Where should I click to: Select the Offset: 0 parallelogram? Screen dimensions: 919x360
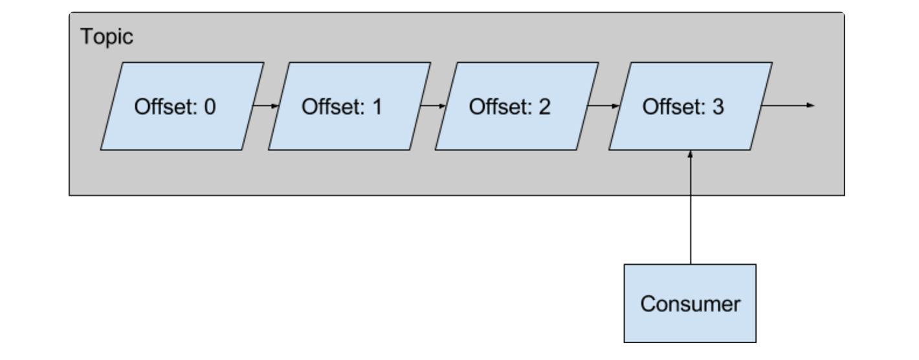182,106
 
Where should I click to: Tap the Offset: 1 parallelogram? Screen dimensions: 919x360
349,106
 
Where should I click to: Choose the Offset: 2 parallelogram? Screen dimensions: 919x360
517,106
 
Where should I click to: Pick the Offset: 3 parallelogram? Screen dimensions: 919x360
691,106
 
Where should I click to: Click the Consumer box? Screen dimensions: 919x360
690,304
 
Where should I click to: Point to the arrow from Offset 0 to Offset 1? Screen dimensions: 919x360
266,106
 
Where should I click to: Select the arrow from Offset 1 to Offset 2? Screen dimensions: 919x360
433,106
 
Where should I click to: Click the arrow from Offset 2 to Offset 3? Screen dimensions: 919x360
604,106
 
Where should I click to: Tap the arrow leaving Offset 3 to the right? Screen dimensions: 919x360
788,106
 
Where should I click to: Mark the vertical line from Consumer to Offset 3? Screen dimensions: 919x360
691,207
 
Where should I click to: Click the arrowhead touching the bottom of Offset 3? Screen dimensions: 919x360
691,154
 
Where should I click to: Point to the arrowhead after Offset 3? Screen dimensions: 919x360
811,106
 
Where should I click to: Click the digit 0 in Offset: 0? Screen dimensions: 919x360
210,107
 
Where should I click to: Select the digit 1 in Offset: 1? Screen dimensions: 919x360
377,107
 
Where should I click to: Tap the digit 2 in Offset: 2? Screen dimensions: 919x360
544,107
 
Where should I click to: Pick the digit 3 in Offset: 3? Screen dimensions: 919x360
718,107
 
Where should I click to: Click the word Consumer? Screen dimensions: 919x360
691,304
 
